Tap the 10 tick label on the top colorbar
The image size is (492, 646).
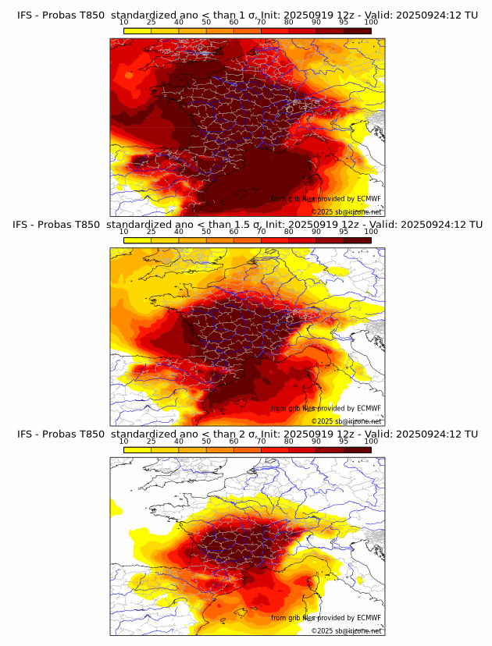pyautogui.click(x=123, y=22)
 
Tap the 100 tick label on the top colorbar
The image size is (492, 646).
pyautogui.click(x=371, y=22)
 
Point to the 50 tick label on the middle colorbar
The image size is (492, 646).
pyautogui.click(x=206, y=232)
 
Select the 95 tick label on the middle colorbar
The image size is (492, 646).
pyautogui.click(x=344, y=232)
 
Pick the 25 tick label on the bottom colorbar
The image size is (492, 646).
pyautogui.click(x=151, y=442)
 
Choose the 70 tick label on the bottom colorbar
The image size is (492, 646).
pyautogui.click(x=261, y=442)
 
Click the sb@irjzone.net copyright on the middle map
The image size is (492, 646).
pyautogui.click(x=347, y=421)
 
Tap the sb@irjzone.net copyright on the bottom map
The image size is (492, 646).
pyautogui.click(x=347, y=631)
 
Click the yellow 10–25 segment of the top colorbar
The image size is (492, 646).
pyautogui.click(x=137, y=30)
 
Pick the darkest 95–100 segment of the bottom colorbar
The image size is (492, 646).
pyautogui.click(x=357, y=450)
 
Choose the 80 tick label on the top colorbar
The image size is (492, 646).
pyautogui.click(x=289, y=22)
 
